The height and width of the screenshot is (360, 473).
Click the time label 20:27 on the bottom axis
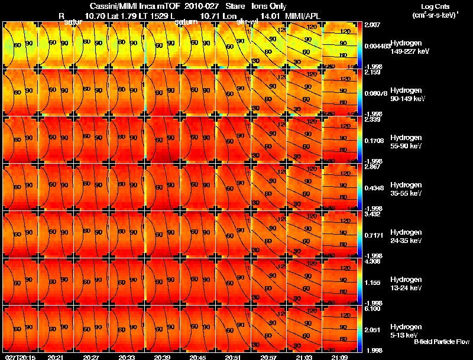click(x=91, y=357)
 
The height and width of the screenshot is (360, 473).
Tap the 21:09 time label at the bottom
click(x=339, y=357)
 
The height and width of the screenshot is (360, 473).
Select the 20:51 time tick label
click(x=233, y=357)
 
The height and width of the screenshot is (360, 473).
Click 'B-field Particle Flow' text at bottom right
click(x=442, y=342)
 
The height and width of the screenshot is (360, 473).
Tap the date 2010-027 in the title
click(x=195, y=6)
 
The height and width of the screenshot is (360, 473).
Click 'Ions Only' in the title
click(x=270, y=6)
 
